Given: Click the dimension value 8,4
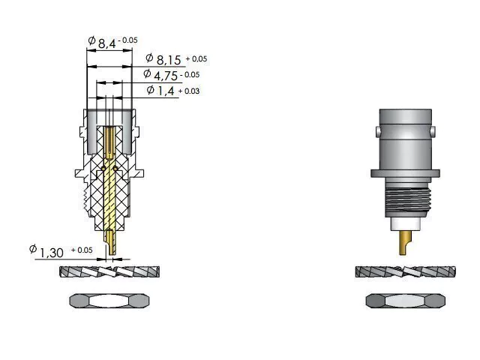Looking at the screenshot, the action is [x=106, y=43].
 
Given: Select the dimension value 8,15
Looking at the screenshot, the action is [x=169, y=60].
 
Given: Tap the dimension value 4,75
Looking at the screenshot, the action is [x=166, y=76].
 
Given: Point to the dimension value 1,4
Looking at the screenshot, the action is [x=166, y=91].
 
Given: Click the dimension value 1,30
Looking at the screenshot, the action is [x=52, y=253].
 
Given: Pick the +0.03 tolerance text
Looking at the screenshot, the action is [x=189, y=91].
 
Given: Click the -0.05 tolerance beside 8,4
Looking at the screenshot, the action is [x=128, y=40].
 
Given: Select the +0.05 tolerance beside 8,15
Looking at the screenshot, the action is [x=196, y=58].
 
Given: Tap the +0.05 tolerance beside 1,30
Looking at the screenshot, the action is [x=82, y=250].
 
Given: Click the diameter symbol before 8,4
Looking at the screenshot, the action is [x=91, y=40].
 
